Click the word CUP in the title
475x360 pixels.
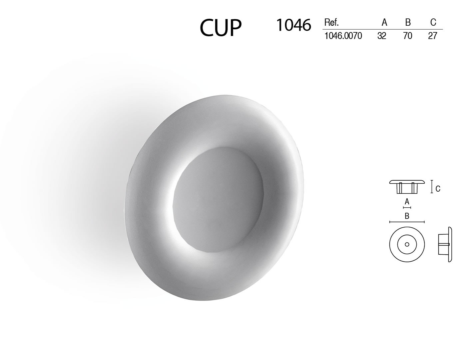pos(221,28)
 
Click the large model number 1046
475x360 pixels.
pos(293,25)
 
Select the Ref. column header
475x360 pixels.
pos(331,23)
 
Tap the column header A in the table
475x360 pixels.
pos(384,23)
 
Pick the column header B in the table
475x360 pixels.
pos(408,23)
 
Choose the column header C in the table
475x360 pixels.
pos(433,23)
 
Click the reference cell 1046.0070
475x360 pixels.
pos(343,36)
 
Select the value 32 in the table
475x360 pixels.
pos(382,36)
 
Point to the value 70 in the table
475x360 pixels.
pos(407,36)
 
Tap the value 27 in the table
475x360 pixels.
pos(432,36)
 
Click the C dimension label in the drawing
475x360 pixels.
pos(438,189)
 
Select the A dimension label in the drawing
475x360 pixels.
pos(407,202)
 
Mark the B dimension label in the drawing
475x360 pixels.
pos(407,216)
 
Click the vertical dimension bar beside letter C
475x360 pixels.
pos(432,186)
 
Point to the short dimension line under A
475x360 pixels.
pos(407,207)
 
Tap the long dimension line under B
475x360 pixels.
pos(407,222)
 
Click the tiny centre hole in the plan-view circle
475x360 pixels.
pos(407,244)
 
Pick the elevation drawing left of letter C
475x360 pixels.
pos(407,186)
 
